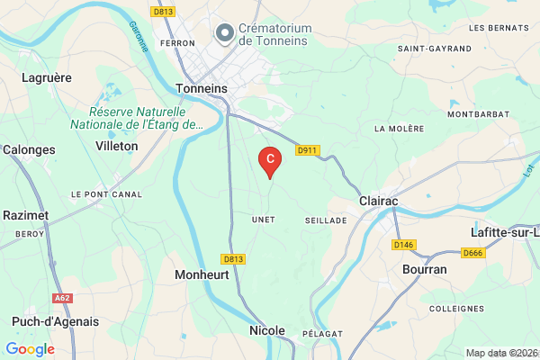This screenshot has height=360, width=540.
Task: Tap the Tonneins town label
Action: point(203,89)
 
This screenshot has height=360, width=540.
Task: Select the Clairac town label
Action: point(378,202)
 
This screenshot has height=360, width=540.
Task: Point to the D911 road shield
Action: point(307,150)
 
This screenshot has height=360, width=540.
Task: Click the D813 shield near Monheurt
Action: point(232,258)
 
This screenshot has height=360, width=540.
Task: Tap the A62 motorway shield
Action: point(62,298)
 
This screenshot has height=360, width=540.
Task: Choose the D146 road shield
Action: point(402,244)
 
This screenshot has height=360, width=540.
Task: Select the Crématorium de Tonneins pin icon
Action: point(224,33)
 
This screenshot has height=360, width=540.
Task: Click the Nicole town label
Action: point(266,331)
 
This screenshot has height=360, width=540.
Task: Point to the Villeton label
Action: point(117,145)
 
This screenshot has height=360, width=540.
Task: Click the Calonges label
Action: point(29,149)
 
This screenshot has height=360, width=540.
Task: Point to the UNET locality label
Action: point(263,220)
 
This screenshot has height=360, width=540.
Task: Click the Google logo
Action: point(30,349)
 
